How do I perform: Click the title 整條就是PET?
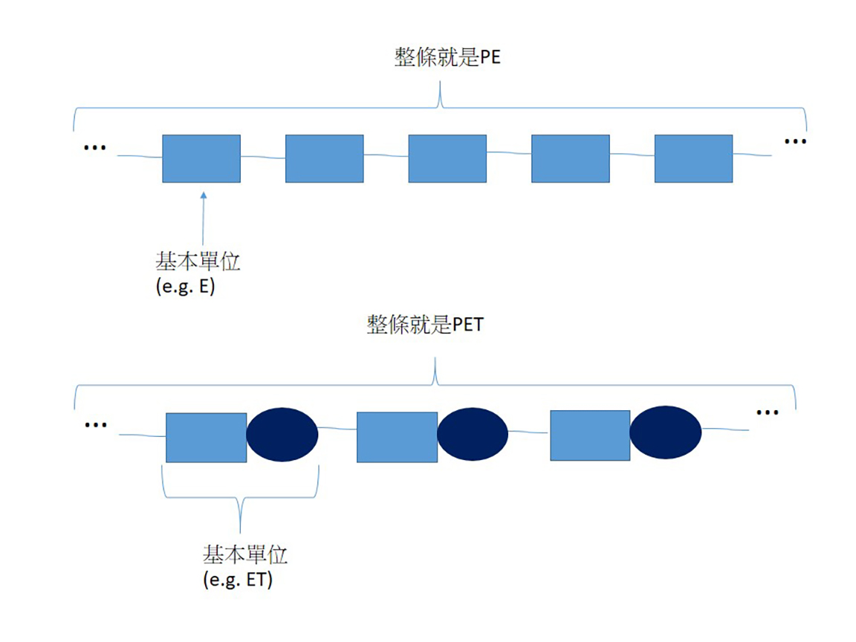pos(424,324)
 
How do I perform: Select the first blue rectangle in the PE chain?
pos(201,158)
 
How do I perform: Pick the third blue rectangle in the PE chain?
pos(447,158)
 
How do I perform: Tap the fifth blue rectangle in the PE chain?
pos(693,158)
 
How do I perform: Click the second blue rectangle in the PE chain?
pos(325,158)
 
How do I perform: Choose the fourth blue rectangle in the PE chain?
pos(570,158)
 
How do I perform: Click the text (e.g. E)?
pos(185,287)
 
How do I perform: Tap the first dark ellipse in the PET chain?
pos(282,435)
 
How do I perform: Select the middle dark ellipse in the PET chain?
pos(473,435)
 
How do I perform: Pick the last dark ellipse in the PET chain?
pos(666,432)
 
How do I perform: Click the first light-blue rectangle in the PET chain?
pos(206,437)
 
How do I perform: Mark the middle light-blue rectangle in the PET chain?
pos(397,437)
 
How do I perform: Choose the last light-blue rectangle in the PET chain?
pos(590,435)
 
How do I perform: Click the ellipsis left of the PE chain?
pos(94,148)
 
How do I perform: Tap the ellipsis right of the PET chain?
pos(767,412)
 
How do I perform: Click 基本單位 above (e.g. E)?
pos(198,262)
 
